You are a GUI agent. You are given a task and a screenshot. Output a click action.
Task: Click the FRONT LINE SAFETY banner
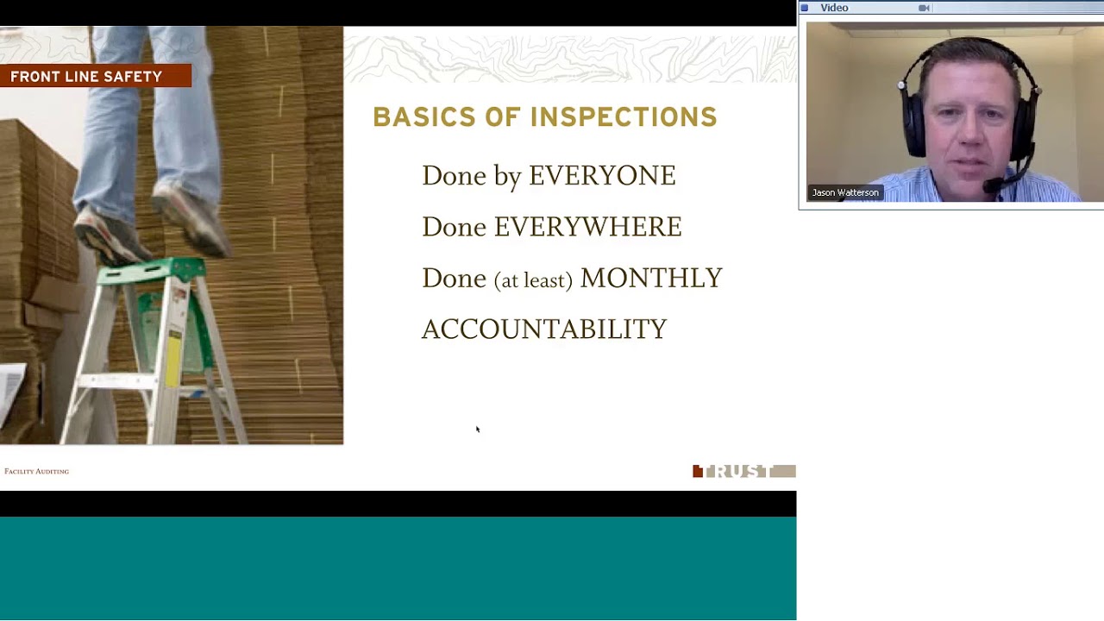pos(86,77)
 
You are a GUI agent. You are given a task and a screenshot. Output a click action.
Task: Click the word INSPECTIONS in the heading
pos(624,117)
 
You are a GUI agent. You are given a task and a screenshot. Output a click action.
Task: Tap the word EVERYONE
pos(602,176)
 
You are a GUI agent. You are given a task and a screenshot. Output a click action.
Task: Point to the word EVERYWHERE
pos(587,227)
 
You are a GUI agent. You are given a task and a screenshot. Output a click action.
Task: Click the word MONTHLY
pos(651,278)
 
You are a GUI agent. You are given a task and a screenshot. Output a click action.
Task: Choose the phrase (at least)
pos(533,279)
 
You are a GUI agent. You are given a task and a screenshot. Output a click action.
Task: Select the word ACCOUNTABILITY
pos(544,329)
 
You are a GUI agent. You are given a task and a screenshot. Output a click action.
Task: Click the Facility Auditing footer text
pos(36,471)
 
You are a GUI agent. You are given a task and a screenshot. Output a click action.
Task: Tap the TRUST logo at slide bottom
pos(743,471)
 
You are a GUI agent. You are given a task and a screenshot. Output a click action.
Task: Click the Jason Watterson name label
pos(845,192)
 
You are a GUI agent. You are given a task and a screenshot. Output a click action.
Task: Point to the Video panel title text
pos(834,8)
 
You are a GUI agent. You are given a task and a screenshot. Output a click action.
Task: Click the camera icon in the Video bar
pos(924,8)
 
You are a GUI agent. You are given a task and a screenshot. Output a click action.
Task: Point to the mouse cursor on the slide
pos(477,429)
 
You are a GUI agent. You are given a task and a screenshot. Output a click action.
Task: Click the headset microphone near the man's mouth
pos(994,185)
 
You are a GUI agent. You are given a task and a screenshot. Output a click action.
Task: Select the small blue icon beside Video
pos(805,8)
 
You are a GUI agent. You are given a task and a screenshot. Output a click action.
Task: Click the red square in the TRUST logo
pos(698,471)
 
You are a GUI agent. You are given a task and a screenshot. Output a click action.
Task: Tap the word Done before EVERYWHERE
pos(454,227)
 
